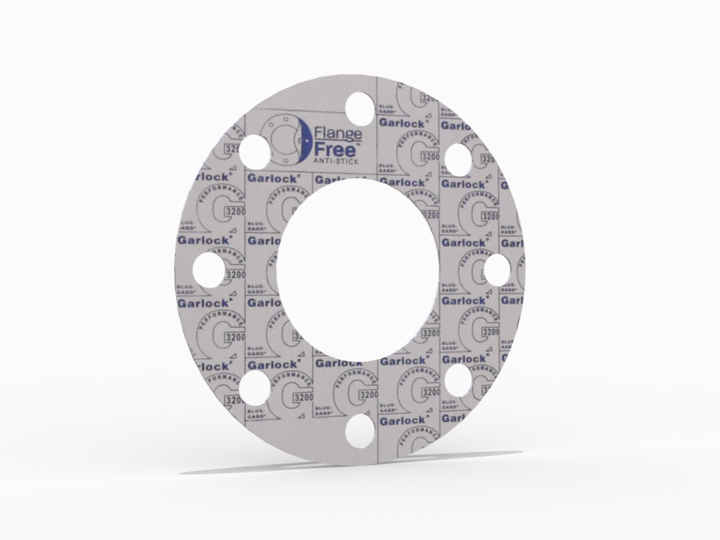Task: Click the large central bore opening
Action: (x=358, y=267)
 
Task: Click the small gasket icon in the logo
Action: (x=280, y=140)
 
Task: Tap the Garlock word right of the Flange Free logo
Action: (x=403, y=122)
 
